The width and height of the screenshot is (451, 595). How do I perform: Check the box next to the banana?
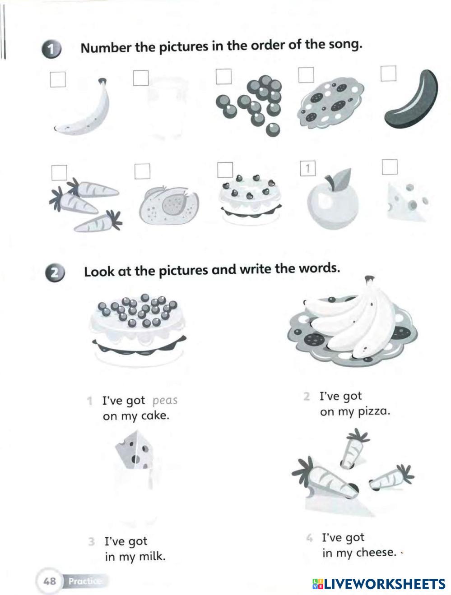point(58,79)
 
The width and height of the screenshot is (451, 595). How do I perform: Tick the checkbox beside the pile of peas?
point(223,76)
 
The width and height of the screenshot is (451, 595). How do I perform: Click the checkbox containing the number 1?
point(307,168)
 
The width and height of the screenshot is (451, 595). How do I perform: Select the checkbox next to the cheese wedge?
point(390,167)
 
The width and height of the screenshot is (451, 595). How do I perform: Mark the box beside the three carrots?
point(59,173)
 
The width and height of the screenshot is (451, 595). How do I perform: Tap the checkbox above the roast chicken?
point(142,171)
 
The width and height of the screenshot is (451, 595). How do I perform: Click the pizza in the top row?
point(330,103)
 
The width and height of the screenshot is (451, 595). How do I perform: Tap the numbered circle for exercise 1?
point(51,49)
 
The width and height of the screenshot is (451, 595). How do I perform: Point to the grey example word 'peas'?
point(165,401)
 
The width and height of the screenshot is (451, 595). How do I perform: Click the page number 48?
point(50,581)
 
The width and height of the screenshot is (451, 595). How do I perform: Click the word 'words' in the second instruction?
point(320,268)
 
